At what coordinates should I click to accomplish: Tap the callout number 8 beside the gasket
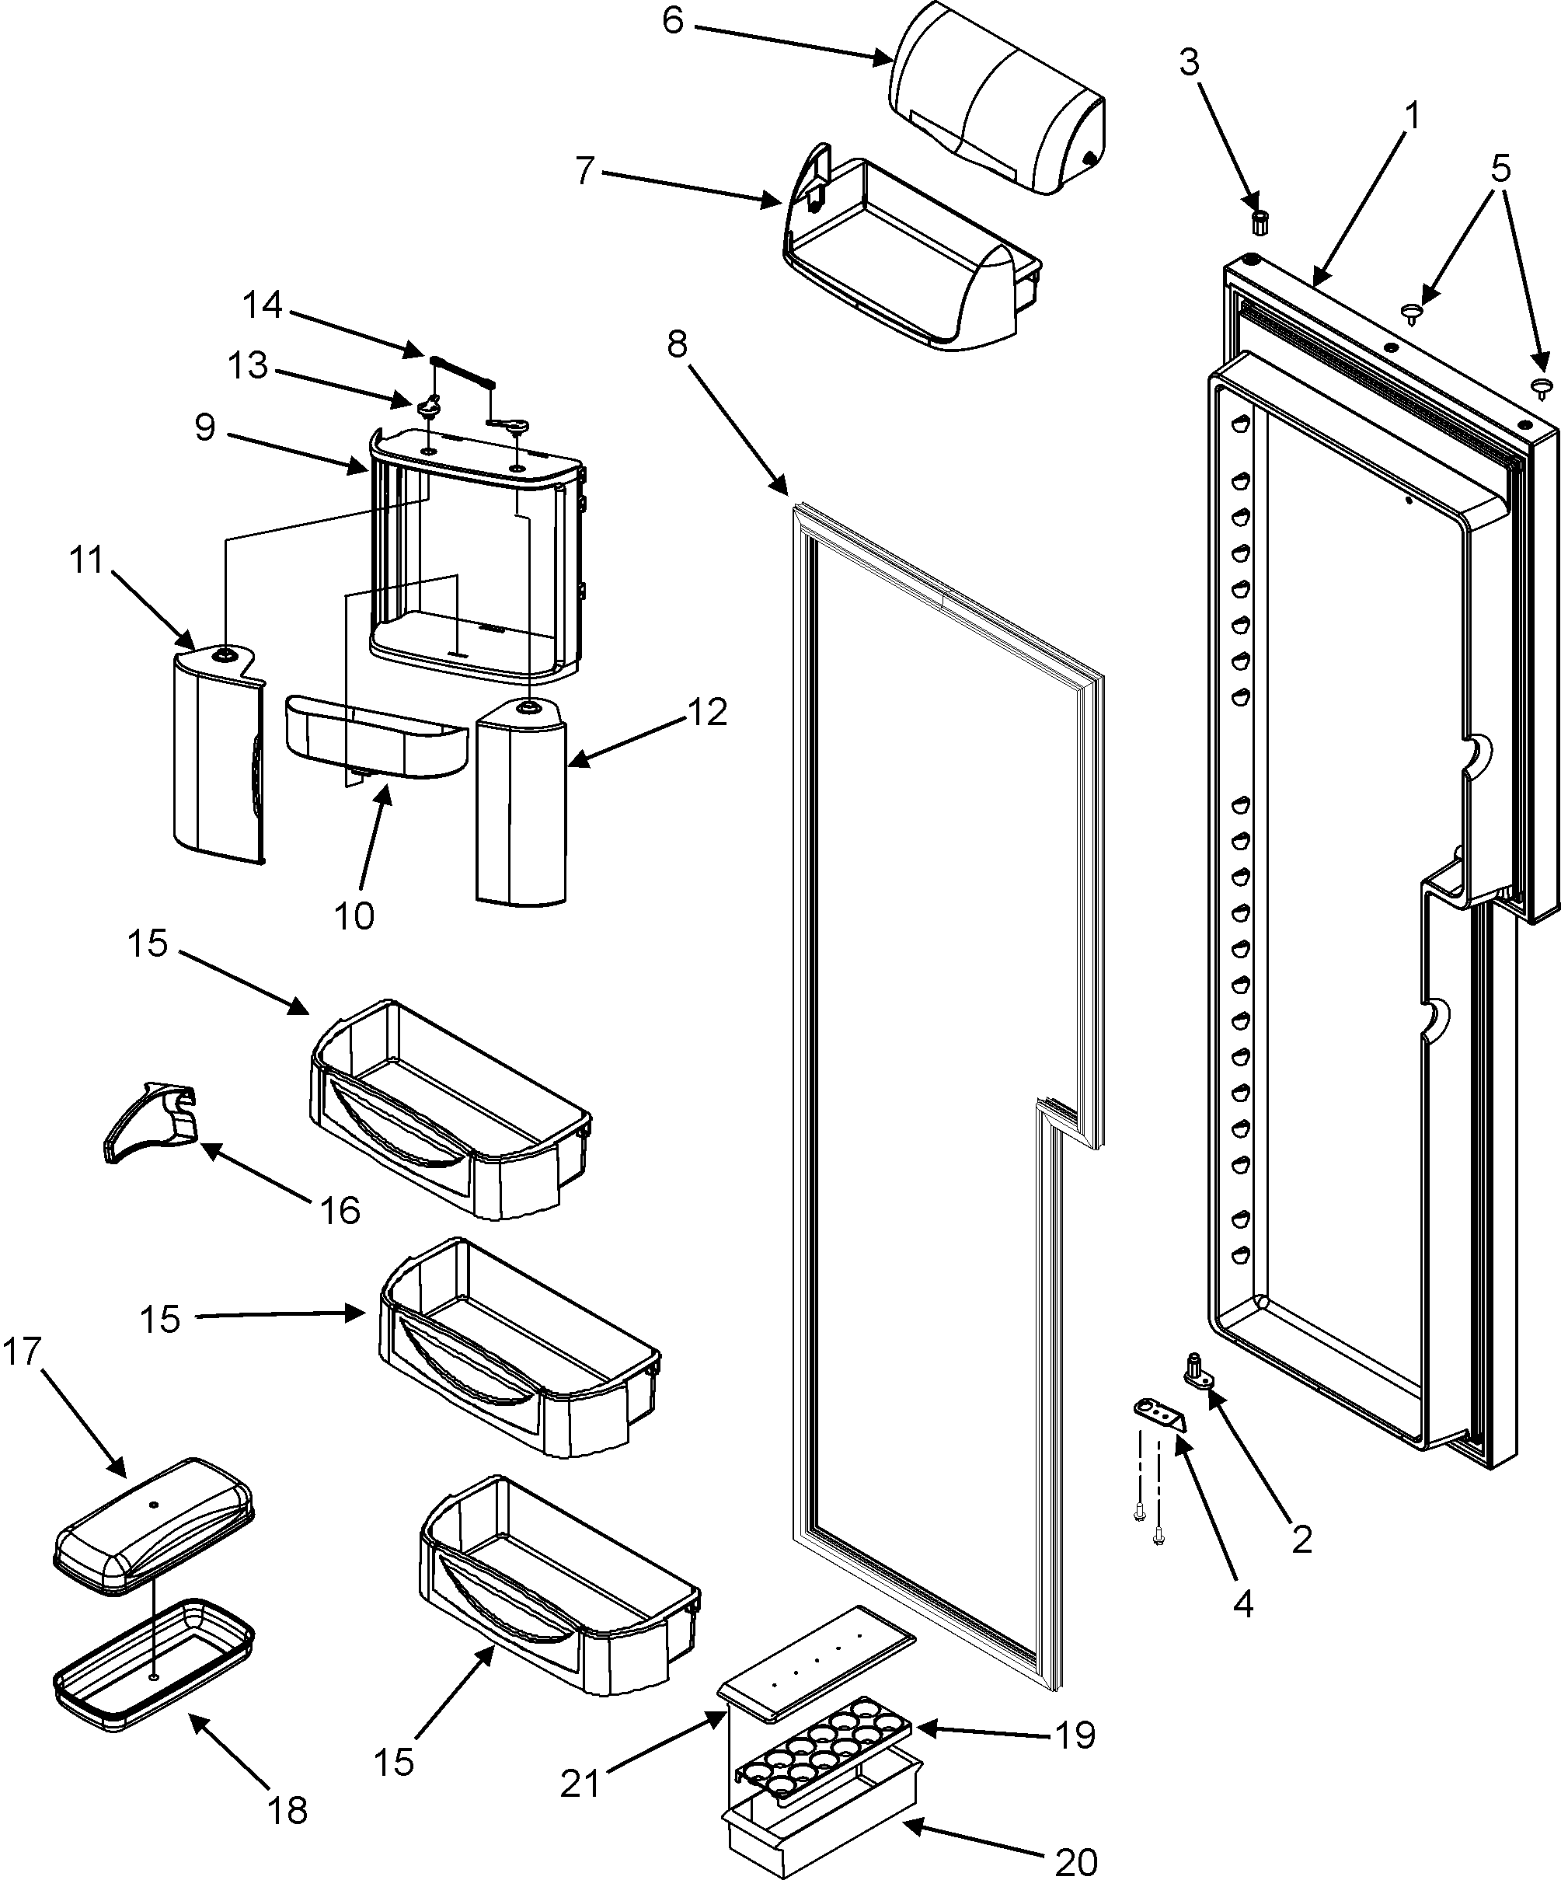click(678, 343)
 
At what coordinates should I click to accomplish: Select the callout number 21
click(579, 1784)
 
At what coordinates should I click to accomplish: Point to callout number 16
click(340, 1209)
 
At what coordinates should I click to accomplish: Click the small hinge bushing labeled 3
click(1260, 222)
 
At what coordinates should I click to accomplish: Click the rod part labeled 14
click(463, 370)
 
